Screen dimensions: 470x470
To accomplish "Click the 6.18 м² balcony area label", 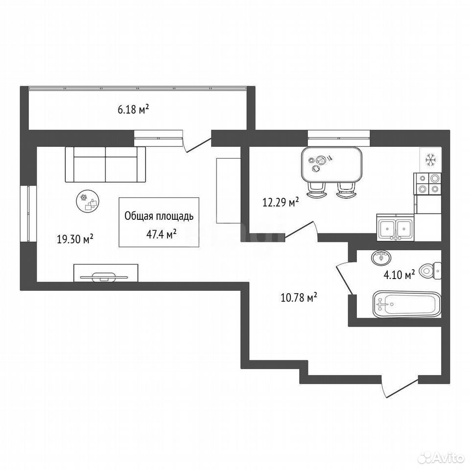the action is coord(133,109).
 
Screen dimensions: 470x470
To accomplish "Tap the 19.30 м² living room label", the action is coord(75,239).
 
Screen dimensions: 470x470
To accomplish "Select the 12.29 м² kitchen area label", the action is coord(281,202).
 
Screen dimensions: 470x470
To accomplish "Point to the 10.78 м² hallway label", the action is coord(299,298).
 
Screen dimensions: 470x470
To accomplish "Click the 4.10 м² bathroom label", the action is coord(399,275).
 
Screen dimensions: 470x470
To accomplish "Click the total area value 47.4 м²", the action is coord(161,234).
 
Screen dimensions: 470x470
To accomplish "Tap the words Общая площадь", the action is coord(159,216).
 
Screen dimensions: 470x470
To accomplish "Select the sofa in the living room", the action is coord(105,164).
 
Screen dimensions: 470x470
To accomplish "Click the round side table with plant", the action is coord(88,202).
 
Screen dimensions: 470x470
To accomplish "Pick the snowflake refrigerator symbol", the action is coord(431,160).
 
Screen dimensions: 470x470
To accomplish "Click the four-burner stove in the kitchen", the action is coord(427,184).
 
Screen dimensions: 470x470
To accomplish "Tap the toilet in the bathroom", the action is coord(430,270).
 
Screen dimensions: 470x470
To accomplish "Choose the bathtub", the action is coord(407,304).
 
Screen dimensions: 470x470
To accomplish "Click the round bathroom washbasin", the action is coord(381,258).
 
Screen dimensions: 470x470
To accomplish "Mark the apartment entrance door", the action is coord(400,387).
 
